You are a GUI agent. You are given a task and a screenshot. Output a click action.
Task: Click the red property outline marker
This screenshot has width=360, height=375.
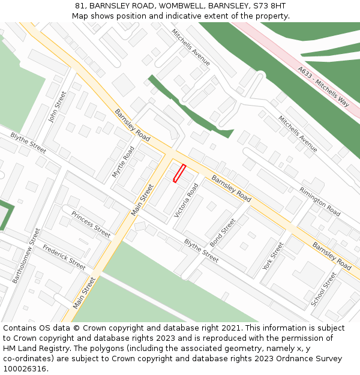pos(179,173)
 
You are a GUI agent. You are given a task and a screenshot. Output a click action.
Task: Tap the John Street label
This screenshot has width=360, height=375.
pos(56,107)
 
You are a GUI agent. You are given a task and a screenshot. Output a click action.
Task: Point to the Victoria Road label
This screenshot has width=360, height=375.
pos(186,201)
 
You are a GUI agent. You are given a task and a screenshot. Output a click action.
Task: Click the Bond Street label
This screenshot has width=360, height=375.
pos(223,233)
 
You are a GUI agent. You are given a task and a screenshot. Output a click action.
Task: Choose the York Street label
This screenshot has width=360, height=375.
pos(273,256)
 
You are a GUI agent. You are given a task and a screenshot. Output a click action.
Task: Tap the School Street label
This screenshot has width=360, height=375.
pos(324,289)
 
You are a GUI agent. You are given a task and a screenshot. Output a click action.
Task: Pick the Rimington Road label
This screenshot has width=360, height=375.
pos(320,202)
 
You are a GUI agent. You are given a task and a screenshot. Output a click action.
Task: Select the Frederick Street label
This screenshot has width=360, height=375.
pos(64,256)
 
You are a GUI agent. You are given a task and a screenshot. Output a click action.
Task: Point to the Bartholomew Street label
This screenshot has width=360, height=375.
pos(26,256)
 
